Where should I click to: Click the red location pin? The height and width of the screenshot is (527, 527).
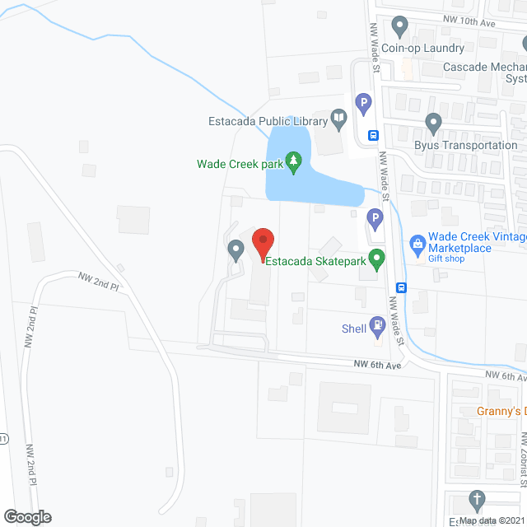point(262,244)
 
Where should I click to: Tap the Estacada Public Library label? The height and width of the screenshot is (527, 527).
point(267,121)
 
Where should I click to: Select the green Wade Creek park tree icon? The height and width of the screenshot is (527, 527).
point(291,163)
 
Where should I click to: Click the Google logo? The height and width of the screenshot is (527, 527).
point(26,516)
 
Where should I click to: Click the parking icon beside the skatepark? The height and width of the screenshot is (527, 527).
point(375,220)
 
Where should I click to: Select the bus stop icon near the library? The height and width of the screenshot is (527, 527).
point(373,136)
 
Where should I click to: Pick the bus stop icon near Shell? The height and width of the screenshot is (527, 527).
point(401,287)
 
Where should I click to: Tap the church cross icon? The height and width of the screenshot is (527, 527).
point(476,499)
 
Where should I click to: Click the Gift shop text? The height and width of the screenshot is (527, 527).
point(447,259)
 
